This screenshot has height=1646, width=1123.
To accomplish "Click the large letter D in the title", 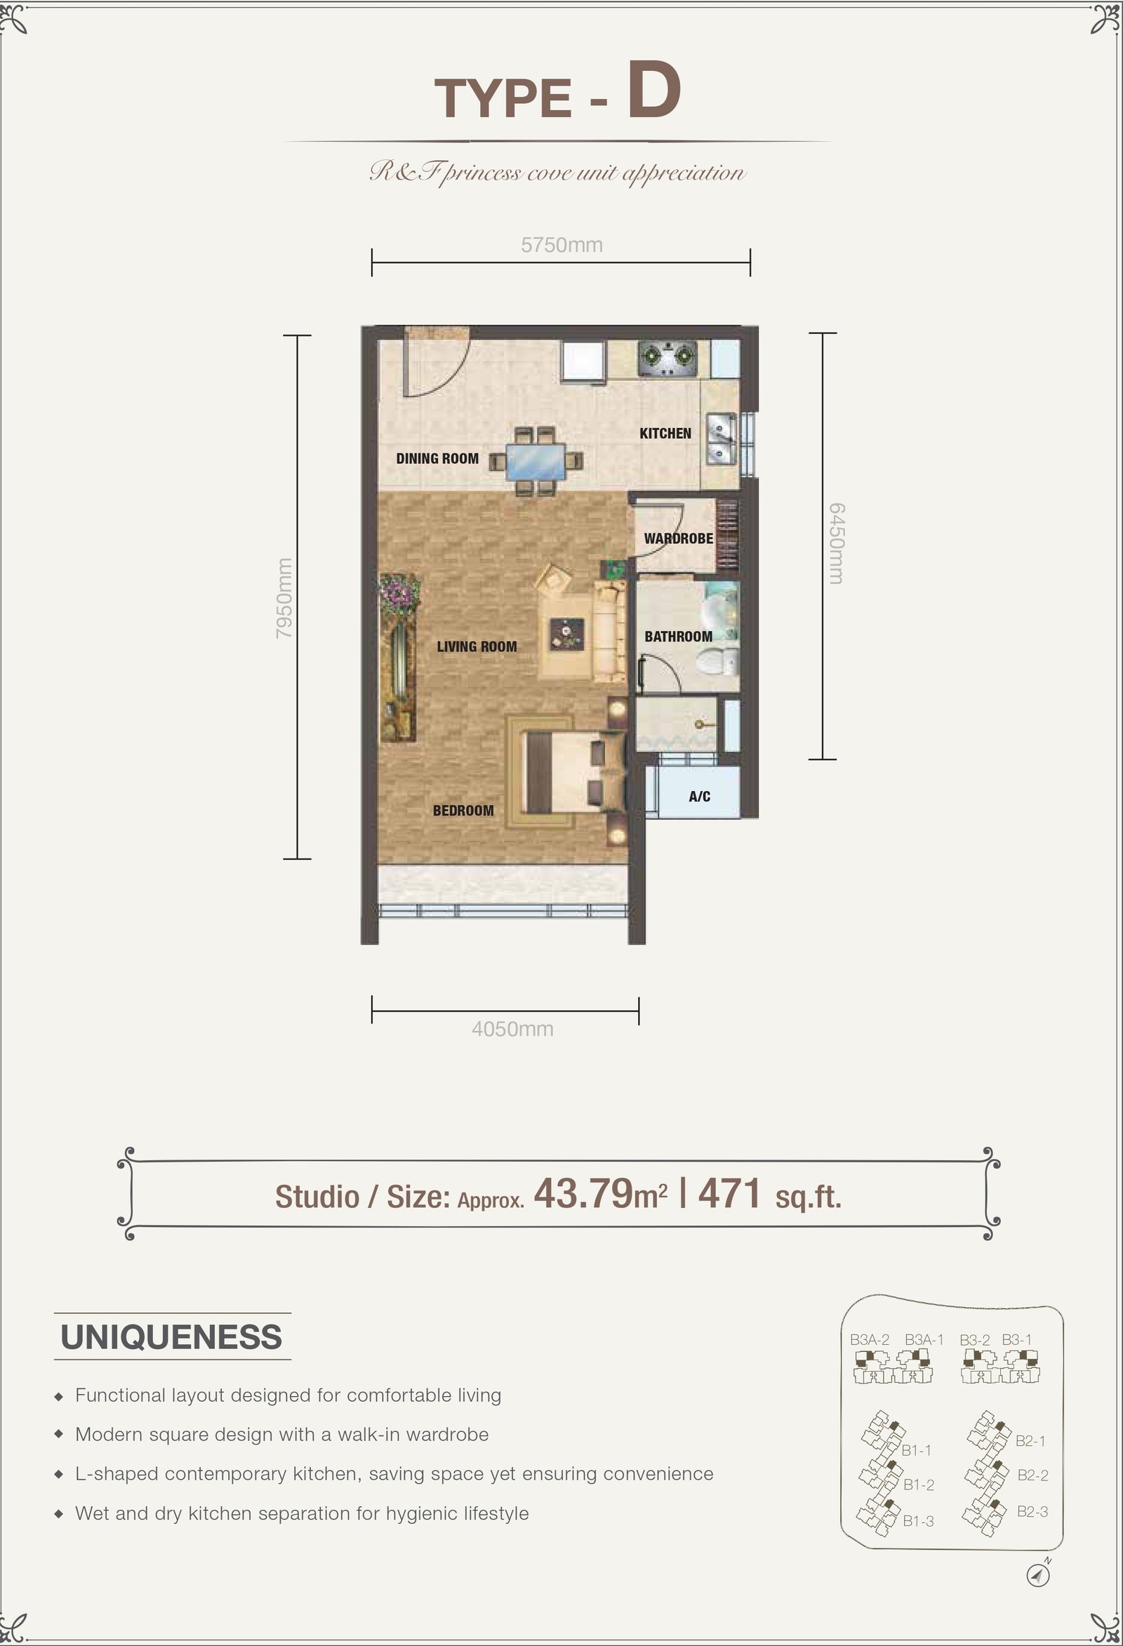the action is [x=653, y=91].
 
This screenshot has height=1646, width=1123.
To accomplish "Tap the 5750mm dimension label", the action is [x=561, y=245].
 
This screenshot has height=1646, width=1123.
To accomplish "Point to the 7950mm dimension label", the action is [x=284, y=598].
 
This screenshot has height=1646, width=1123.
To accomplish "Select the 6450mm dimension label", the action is [x=836, y=543].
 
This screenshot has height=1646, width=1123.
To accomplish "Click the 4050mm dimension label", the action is [x=512, y=1028].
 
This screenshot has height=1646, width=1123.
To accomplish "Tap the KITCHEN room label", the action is [x=665, y=433].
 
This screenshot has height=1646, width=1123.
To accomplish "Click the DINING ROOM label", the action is [x=437, y=458].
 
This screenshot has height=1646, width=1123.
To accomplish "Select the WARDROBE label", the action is [x=678, y=538].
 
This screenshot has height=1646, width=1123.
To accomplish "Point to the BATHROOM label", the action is [x=678, y=636].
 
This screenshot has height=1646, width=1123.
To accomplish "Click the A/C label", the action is [x=700, y=796].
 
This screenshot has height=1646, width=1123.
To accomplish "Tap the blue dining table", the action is [x=537, y=460].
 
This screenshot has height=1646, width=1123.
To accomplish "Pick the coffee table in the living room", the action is [x=568, y=634].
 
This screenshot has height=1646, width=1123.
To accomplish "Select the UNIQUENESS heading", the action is [x=171, y=1336].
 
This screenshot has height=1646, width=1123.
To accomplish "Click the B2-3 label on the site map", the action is [x=1032, y=1511].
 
